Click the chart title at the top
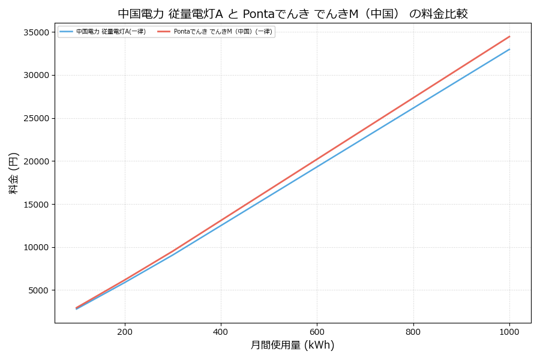tap(292, 14)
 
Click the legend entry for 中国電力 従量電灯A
tap(111, 32)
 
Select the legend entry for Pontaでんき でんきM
tap(223, 32)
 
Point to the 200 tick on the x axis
tap(125, 332)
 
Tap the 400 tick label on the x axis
tap(221, 332)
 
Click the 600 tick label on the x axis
tap(317, 332)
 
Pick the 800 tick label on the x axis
tap(413, 332)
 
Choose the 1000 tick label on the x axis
tap(509, 332)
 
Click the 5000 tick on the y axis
tap(38, 290)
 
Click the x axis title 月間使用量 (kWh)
tap(292, 346)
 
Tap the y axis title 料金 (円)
tap(14, 173)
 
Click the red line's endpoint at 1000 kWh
tap(509, 37)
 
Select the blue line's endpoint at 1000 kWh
tap(509, 49)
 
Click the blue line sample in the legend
tap(66, 32)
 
